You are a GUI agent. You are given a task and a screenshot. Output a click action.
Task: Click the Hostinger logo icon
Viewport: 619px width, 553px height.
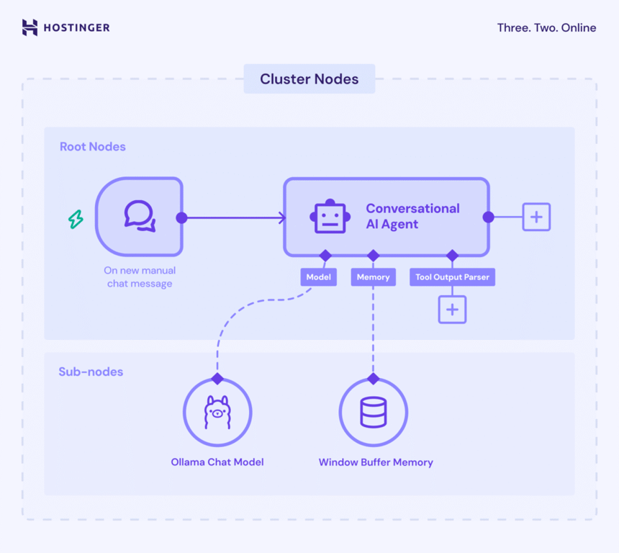click(x=30, y=28)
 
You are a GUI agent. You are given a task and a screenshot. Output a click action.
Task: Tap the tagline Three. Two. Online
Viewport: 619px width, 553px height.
click(x=546, y=28)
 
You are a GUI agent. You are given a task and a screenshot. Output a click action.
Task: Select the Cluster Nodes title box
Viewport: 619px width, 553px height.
click(x=309, y=79)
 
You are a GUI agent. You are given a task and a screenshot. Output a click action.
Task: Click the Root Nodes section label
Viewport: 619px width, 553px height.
click(x=93, y=147)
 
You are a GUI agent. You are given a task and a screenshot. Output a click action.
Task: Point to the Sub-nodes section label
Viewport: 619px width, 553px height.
click(x=91, y=372)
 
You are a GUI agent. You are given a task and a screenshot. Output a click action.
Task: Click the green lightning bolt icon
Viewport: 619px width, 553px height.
click(x=76, y=219)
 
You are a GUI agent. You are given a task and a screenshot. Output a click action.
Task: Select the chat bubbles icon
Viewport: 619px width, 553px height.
click(x=140, y=216)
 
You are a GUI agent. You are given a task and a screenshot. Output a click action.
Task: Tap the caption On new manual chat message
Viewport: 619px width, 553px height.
click(x=140, y=277)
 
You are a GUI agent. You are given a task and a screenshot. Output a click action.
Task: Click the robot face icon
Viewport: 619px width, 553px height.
click(x=330, y=216)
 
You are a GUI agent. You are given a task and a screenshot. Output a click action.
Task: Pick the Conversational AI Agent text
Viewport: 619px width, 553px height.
click(x=412, y=216)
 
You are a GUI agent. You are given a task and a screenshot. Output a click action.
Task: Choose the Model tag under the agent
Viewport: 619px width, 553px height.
click(x=318, y=276)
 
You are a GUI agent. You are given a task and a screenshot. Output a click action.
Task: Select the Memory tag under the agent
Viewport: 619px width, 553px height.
click(x=373, y=276)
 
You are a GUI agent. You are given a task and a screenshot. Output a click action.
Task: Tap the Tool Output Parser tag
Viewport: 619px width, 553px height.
click(x=452, y=276)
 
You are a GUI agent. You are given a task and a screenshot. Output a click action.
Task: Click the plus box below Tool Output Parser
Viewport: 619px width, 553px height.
click(x=452, y=310)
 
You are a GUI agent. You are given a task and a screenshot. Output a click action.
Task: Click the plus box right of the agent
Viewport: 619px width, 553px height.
click(x=536, y=217)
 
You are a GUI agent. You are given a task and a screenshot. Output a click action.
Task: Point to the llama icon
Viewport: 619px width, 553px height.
click(x=217, y=413)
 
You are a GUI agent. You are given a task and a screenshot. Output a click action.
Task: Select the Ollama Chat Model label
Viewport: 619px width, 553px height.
click(x=217, y=462)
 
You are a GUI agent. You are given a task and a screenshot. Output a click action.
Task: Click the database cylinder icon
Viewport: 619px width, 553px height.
click(x=373, y=413)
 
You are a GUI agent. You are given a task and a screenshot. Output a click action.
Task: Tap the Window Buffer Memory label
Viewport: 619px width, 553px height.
click(x=376, y=462)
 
